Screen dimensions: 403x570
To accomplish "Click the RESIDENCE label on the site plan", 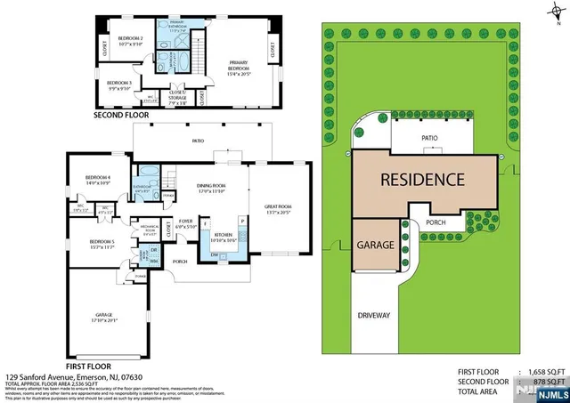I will pyautogui.click(x=422, y=179).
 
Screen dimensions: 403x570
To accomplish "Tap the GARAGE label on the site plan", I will pyautogui.click(x=375, y=244).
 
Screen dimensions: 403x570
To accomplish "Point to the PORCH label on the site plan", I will pyautogui.click(x=436, y=223).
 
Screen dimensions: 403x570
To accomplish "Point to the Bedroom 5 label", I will pyautogui.click(x=102, y=243).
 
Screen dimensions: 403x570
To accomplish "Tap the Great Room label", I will pyautogui.click(x=279, y=209).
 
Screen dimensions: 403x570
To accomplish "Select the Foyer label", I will pyautogui.click(x=185, y=222).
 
